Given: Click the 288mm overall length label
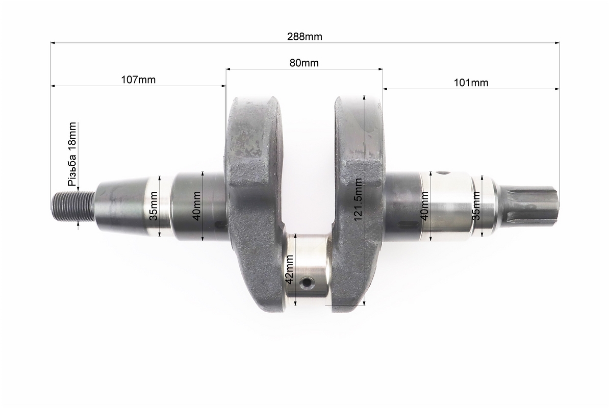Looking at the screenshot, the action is coord(304,37).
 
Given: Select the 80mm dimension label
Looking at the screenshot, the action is coord(303,63).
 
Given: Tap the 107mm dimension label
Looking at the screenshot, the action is coord(138,80).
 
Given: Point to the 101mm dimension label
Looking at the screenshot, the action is coord(471,83).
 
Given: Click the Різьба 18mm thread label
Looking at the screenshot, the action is coord(72,154).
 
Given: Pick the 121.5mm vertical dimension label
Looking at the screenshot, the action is coord(358,199).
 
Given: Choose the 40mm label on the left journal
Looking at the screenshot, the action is coord(196,206).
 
